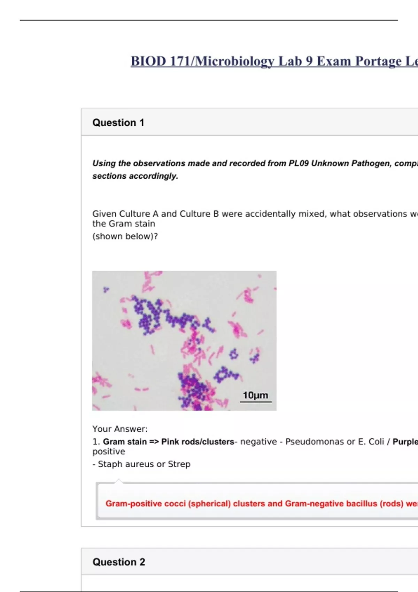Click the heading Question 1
(x=118, y=123)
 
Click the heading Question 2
(x=119, y=562)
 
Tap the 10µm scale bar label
(x=255, y=395)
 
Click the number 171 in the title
(x=179, y=61)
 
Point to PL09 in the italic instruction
(x=299, y=163)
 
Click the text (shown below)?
(x=125, y=236)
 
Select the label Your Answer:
(x=120, y=429)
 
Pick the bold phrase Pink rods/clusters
(x=198, y=442)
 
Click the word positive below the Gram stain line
(x=109, y=452)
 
